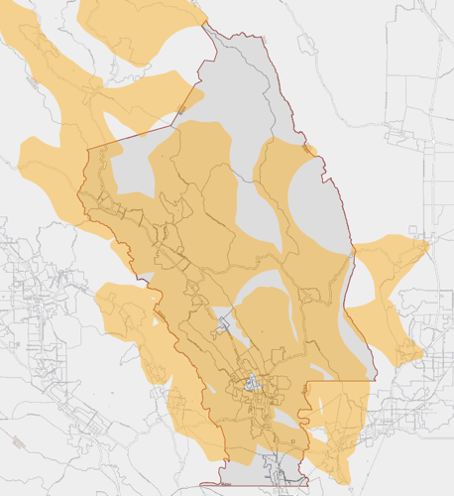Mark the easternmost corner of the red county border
[x=376, y=379]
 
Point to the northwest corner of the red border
[x=88, y=150]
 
